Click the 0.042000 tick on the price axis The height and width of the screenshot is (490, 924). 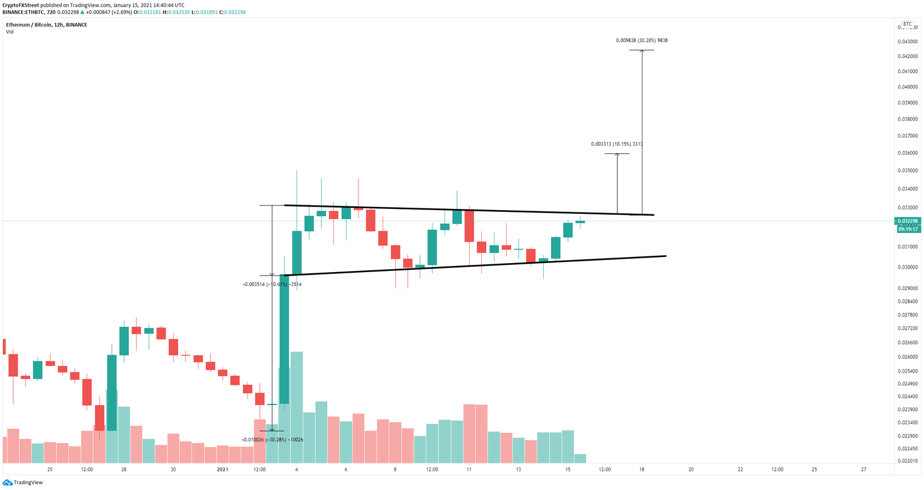coord(908,56)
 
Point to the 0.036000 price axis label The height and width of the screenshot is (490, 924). coord(908,153)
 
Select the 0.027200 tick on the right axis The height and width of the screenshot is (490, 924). coord(908,329)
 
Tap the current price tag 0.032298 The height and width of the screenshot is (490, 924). coord(908,221)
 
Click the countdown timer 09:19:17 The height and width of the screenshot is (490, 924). coord(908,229)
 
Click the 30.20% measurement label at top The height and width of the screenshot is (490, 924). coord(641,40)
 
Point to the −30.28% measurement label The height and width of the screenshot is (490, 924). coord(272,439)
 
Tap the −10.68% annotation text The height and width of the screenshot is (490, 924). coord(271,284)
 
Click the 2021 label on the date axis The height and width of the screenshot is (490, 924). coord(223,470)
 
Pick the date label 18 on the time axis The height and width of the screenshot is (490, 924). coord(642,470)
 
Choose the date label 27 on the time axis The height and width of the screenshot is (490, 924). coord(863,470)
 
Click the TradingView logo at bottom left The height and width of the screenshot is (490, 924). coord(23,482)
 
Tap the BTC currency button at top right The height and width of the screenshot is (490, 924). coord(907,25)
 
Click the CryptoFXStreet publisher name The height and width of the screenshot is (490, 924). coord(20,5)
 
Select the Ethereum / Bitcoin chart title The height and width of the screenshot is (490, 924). coord(46,25)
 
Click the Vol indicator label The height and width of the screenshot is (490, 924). coord(10,32)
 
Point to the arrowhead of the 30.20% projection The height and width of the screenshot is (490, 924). coord(642,51)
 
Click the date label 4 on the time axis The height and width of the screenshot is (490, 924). coord(297,470)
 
